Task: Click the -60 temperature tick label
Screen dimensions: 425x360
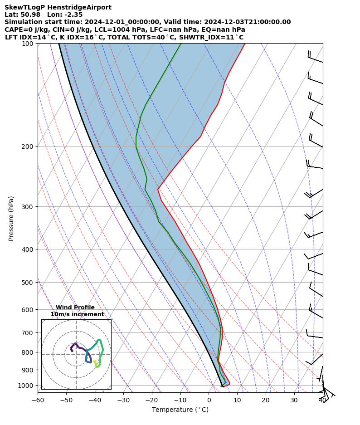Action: pos(38,401)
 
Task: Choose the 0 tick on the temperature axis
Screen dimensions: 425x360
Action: pos(209,401)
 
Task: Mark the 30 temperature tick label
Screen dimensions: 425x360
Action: pos(294,401)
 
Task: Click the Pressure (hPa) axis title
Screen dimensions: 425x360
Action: pos(11,218)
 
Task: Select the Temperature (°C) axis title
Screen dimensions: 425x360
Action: pos(180,410)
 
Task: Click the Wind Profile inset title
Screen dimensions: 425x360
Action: pos(75,308)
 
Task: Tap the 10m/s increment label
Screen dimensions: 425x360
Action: pos(77,314)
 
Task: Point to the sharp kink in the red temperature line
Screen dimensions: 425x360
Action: pos(158,189)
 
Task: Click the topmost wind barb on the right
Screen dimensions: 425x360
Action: pos(315,57)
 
